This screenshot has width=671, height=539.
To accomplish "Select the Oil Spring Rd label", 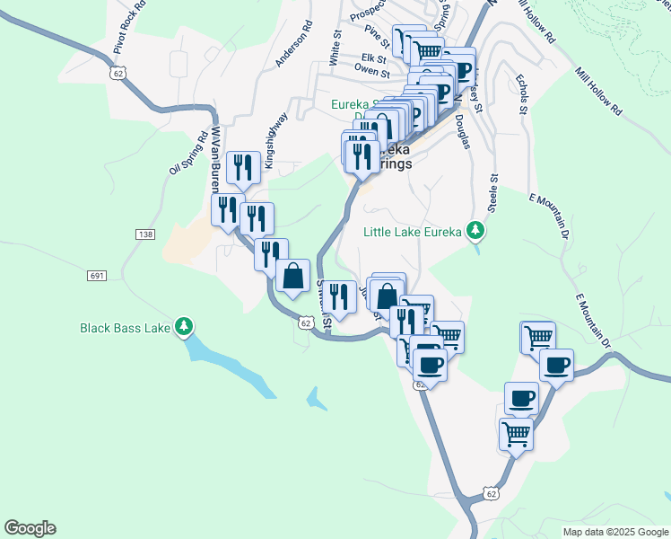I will click(187, 155).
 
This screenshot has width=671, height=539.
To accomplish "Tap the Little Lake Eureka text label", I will click(413, 232).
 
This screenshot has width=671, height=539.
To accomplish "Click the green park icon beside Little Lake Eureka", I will click(476, 232).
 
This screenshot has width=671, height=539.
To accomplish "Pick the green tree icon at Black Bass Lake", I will click(184, 325).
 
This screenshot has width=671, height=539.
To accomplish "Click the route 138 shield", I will click(144, 234).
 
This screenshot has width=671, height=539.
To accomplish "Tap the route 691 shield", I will click(98, 275).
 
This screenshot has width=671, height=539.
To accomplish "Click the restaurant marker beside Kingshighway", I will click(244, 166).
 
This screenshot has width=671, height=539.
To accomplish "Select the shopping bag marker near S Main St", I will click(293, 275).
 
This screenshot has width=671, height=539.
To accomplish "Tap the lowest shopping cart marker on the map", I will click(517, 434).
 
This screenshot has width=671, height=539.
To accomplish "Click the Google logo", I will click(30, 528).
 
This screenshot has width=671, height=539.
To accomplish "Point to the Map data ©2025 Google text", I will click(615, 532).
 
